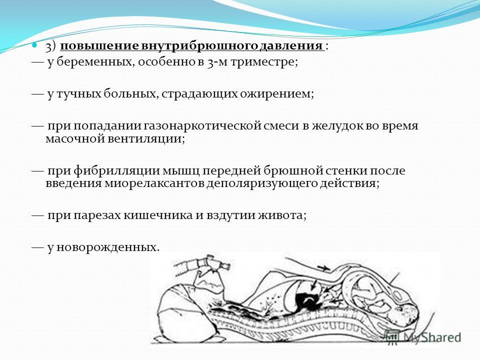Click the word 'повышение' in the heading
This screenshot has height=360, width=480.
click(x=99, y=46)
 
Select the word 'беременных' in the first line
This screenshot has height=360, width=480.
click(x=95, y=62)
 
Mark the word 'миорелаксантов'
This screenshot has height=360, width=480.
click(x=154, y=183)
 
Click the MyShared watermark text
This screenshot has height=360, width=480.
click(x=431, y=337)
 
